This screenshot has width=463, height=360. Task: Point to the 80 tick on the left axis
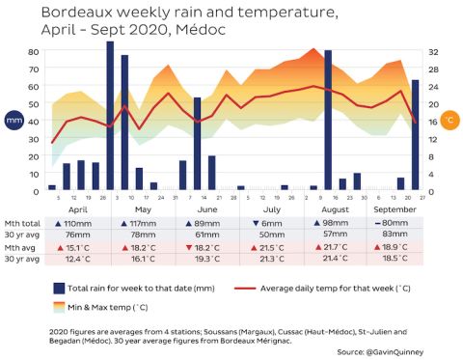(x=33, y=51)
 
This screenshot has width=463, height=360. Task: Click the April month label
(x=78, y=208)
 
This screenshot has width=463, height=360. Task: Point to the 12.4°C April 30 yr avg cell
(x=78, y=259)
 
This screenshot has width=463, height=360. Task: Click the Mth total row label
(x=22, y=223)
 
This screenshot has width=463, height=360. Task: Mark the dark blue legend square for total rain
(x=60, y=288)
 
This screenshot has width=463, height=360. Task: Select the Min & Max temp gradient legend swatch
(x=60, y=306)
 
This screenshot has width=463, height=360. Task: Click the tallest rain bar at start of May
(x=110, y=116)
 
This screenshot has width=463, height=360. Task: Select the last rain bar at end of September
(x=416, y=134)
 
